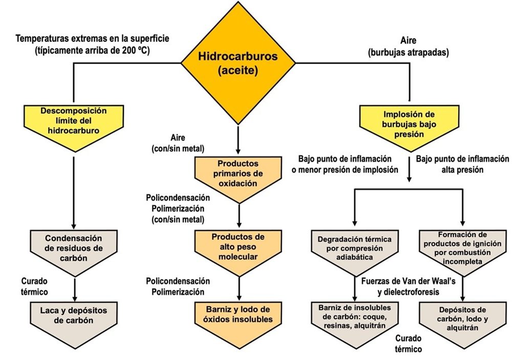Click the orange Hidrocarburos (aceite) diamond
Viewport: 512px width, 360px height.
pos(238,63)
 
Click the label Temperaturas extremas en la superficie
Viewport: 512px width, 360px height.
pos(92,38)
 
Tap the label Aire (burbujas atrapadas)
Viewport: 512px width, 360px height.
pos(409,47)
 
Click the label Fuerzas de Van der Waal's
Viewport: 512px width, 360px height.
pos(408,281)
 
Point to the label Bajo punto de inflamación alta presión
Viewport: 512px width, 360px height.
pos(462,164)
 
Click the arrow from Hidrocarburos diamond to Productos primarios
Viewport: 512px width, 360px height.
pos(238,140)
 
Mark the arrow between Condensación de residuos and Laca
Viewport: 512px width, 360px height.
pos(75,289)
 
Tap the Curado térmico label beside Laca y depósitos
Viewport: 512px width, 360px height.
pos(34,286)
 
